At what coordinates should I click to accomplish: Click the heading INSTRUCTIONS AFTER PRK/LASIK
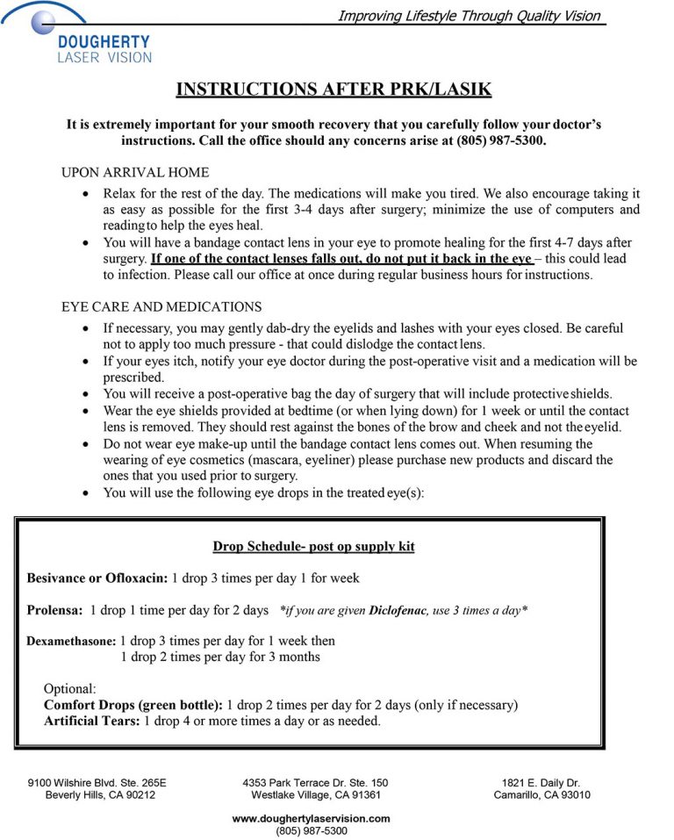[x=333, y=90]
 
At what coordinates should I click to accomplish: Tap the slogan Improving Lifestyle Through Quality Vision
[x=470, y=16]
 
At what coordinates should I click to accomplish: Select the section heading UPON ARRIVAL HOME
[x=135, y=172]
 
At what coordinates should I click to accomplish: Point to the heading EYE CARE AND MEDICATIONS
[x=161, y=307]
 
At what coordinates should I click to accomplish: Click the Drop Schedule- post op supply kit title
[x=313, y=547]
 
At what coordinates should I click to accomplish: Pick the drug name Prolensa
[x=55, y=610]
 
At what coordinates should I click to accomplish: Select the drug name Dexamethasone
[x=72, y=642]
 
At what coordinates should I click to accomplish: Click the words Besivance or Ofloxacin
[x=96, y=578]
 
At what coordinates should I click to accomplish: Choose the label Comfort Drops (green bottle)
[x=133, y=705]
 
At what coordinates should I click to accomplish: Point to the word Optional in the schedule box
[x=69, y=688]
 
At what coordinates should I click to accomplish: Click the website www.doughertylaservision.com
[x=311, y=818]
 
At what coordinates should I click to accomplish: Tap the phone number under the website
[x=311, y=830]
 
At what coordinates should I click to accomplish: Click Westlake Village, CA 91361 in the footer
[x=315, y=795]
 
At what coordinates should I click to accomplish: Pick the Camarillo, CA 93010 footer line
[x=541, y=795]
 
